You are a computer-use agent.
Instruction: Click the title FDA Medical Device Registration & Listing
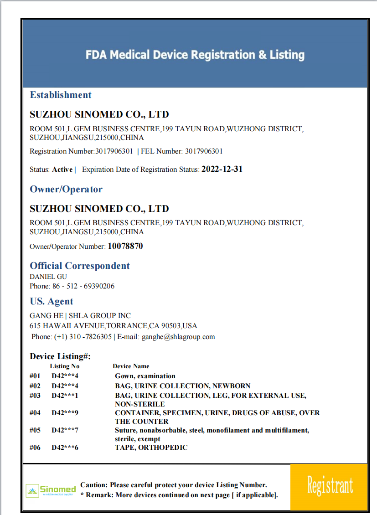(x=195, y=55)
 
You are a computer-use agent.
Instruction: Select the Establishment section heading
(x=61, y=95)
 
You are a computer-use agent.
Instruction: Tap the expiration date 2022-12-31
(x=222, y=169)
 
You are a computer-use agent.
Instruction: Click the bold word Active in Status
(x=62, y=170)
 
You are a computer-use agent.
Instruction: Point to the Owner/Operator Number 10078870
(x=125, y=246)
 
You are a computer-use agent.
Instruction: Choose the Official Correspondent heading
(x=80, y=266)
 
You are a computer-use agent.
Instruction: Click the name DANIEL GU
(x=48, y=277)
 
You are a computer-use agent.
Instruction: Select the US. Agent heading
(x=52, y=301)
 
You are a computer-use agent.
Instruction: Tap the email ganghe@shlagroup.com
(x=178, y=337)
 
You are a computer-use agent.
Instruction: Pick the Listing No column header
(x=65, y=366)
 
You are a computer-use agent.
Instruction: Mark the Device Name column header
(x=131, y=366)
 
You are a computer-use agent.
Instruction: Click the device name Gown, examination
(x=145, y=376)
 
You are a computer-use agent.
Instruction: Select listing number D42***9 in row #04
(x=65, y=413)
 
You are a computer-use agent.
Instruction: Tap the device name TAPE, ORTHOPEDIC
(x=151, y=448)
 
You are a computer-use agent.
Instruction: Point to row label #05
(x=35, y=430)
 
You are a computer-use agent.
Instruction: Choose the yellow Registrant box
(x=329, y=486)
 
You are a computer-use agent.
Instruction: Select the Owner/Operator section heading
(x=66, y=189)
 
